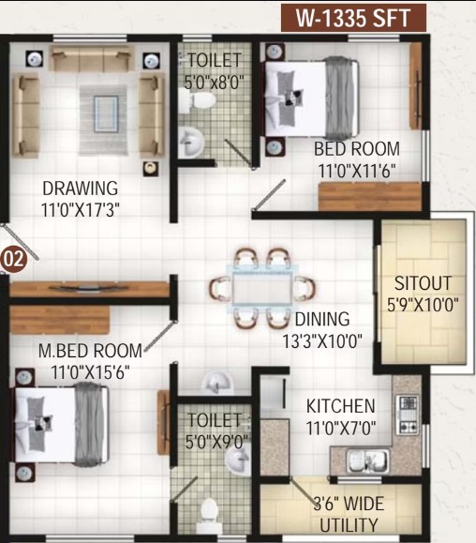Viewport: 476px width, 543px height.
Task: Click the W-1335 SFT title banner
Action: (x=353, y=18)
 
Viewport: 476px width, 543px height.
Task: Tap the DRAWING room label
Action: (x=81, y=189)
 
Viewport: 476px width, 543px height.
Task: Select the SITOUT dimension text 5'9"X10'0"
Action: (x=423, y=305)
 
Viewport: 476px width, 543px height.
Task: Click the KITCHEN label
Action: (x=341, y=406)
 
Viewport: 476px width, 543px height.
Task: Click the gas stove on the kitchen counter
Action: (x=408, y=415)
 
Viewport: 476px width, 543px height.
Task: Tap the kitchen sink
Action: (x=367, y=460)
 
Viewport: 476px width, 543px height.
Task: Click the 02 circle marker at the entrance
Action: (x=13, y=259)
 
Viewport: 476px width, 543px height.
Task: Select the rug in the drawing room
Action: (x=103, y=121)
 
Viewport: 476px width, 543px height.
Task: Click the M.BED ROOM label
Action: (x=90, y=351)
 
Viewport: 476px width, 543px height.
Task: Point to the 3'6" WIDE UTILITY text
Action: (x=349, y=514)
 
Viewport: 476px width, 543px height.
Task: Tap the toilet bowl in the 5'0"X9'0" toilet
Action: (x=209, y=515)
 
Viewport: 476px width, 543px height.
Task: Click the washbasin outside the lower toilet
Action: (x=216, y=383)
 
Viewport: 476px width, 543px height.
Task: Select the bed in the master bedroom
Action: (x=62, y=424)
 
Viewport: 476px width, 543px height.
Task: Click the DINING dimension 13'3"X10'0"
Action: (x=322, y=340)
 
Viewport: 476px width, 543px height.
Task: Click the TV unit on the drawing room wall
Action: (x=89, y=289)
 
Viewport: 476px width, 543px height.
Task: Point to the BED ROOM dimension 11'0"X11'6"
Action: (x=357, y=171)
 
